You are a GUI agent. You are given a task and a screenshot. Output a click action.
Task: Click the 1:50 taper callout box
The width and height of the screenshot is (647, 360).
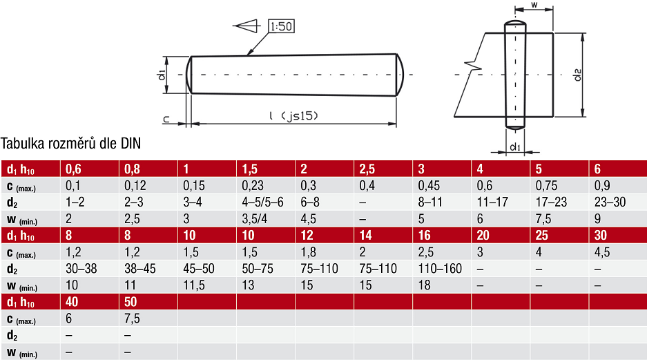point(281,26)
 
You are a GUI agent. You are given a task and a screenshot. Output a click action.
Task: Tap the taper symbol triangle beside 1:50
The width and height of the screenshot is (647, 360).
point(246,26)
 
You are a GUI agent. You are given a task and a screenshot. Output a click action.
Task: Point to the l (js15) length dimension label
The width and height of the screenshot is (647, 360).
point(293,115)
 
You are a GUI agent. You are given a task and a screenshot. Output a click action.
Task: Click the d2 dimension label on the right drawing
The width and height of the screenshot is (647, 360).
point(578,75)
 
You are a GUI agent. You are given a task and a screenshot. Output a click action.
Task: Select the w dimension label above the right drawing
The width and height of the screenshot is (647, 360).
point(534,5)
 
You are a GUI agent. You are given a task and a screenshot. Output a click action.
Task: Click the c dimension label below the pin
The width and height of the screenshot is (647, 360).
point(166,120)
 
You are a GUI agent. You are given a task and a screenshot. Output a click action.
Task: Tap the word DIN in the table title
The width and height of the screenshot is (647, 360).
point(131,143)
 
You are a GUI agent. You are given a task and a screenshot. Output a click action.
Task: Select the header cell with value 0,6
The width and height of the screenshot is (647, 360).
point(90,169)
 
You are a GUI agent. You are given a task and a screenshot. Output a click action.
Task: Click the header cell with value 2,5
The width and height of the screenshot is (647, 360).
point(383,169)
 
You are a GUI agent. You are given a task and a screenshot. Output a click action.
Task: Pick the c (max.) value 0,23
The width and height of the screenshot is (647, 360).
point(252,186)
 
